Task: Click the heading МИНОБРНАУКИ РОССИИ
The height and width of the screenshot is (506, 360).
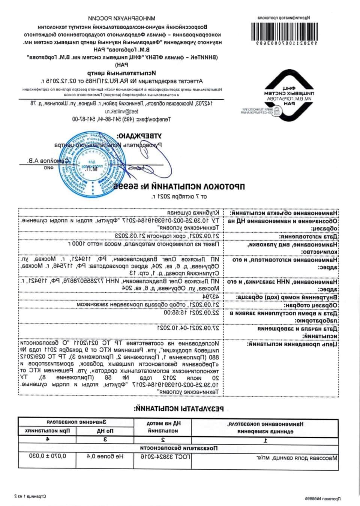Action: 122,18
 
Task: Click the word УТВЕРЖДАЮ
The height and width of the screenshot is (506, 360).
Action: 139,136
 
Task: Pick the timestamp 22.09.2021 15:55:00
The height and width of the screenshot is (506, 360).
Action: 191,312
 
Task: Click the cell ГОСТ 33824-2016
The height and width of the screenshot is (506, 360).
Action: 165,457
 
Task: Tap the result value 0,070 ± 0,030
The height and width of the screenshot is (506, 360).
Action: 47,456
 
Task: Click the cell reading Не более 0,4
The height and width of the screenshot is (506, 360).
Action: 105,456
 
